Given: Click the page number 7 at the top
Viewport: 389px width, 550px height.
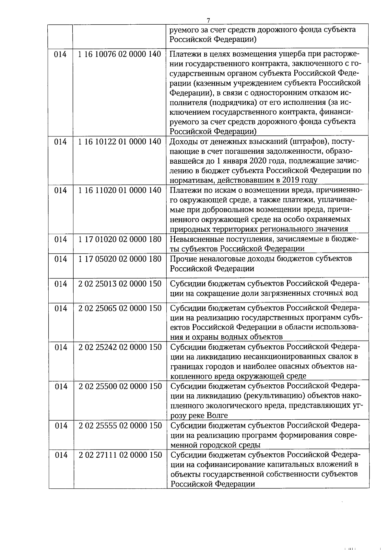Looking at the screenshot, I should (x=208, y=20).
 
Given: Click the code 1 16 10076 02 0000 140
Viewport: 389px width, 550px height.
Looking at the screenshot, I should (x=120, y=54).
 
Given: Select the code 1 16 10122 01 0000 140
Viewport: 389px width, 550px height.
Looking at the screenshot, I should (x=120, y=142).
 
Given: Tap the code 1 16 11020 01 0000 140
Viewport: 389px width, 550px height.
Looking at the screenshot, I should (x=120, y=190).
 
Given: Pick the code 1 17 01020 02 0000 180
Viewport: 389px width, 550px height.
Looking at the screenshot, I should (x=120, y=239).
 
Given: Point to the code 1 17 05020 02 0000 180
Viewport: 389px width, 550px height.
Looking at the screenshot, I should (x=120, y=259).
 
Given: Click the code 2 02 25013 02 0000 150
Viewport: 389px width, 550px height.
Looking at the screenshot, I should (x=120, y=284).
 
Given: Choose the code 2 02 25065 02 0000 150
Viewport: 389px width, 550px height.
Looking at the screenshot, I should (x=120, y=308).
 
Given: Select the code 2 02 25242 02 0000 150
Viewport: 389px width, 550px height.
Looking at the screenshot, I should (x=120, y=347).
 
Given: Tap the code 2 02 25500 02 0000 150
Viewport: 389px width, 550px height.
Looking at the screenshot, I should (x=120, y=386).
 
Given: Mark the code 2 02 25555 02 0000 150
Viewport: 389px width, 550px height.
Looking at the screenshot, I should (x=120, y=426).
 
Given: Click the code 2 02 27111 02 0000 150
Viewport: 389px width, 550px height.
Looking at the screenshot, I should (x=120, y=455).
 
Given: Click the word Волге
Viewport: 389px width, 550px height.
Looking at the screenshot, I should (x=217, y=415).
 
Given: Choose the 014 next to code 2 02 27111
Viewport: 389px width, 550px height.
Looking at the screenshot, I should (x=61, y=455).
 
